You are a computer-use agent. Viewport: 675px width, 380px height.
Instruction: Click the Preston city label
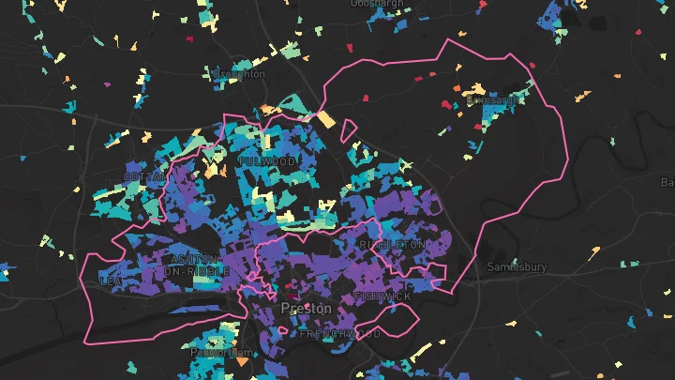(306, 309)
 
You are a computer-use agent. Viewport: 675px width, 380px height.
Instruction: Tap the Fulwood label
(267, 161)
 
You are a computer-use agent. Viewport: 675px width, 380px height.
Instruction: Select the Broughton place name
(239, 73)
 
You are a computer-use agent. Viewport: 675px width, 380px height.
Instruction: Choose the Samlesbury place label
(517, 267)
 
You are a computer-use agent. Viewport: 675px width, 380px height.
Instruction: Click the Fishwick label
(383, 297)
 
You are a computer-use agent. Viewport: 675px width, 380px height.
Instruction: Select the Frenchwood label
(340, 333)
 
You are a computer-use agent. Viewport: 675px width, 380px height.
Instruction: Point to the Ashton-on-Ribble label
(195, 265)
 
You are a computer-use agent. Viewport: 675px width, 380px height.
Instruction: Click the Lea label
(111, 280)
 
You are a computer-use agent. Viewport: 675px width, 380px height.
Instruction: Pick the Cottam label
(144, 176)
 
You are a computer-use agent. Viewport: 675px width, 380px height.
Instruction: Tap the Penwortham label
(216, 353)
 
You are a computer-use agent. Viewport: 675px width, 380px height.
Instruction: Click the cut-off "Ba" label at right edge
(667, 181)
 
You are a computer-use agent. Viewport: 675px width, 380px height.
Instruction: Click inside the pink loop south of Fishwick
(398, 322)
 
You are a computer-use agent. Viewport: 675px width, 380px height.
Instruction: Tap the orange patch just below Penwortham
(242, 360)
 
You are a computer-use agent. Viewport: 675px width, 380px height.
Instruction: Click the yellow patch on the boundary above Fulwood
(324, 119)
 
